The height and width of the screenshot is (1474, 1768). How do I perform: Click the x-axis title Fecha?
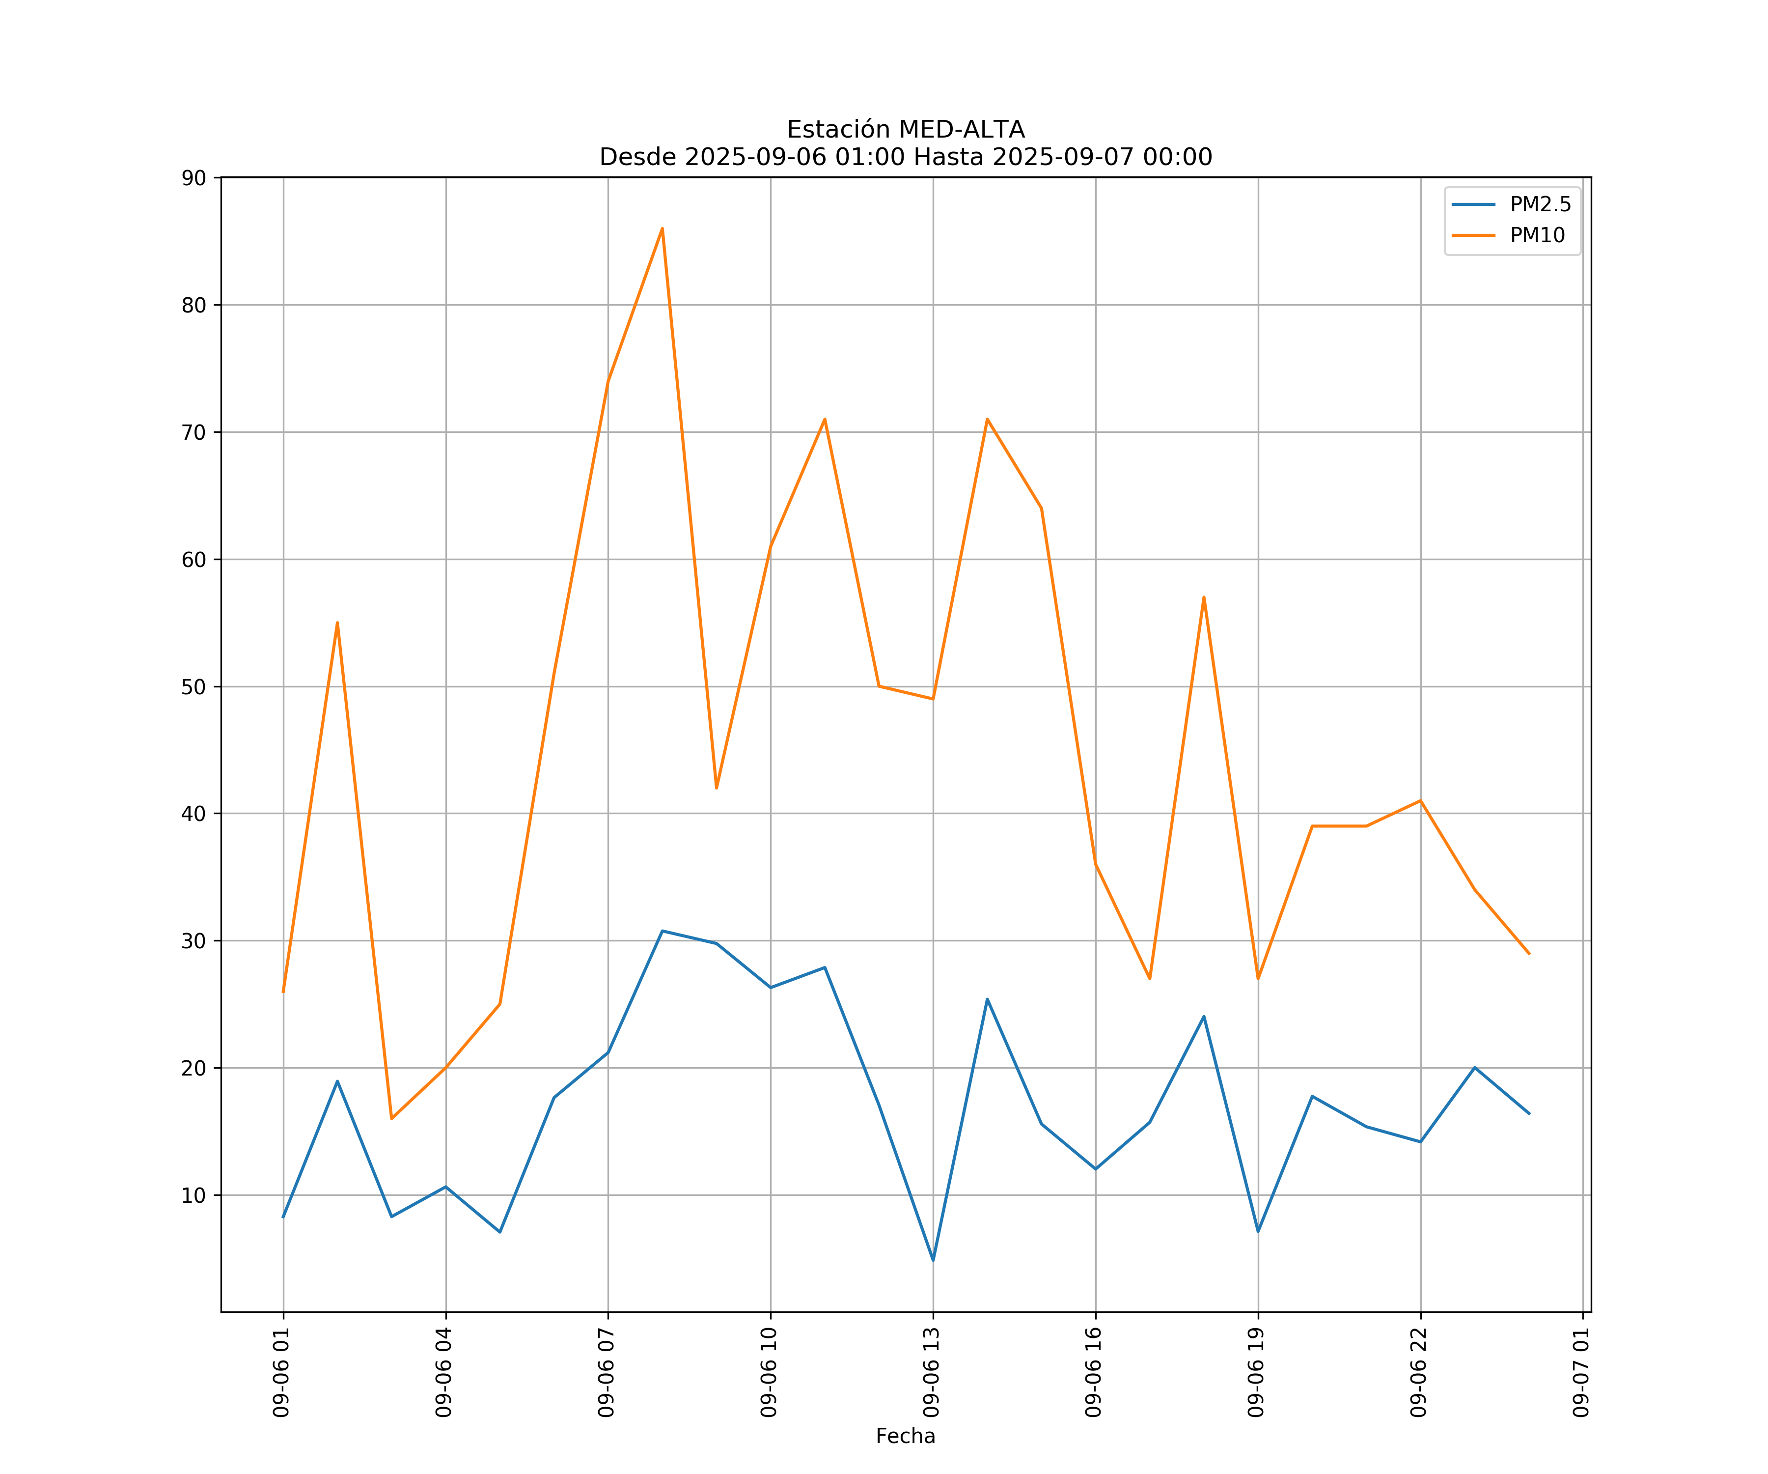pyautogui.click(x=905, y=1436)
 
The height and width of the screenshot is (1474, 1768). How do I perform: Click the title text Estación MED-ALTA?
pyautogui.click(x=905, y=130)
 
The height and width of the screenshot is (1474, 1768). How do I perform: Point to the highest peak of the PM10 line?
pyautogui.click(x=663, y=228)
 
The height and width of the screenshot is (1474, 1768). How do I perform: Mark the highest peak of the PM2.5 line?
pyautogui.click(x=663, y=931)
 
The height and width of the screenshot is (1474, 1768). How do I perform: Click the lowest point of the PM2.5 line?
pyautogui.click(x=933, y=1260)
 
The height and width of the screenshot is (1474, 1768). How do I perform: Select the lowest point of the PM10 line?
pyautogui.click(x=391, y=1119)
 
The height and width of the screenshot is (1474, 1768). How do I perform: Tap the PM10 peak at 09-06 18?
pyautogui.click(x=1204, y=597)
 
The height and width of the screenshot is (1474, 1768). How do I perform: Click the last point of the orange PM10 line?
pyautogui.click(x=1529, y=954)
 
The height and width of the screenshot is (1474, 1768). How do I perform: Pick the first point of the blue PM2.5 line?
pyautogui.click(x=283, y=1217)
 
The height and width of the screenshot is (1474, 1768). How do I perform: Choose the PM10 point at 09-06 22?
pyautogui.click(x=1420, y=800)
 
